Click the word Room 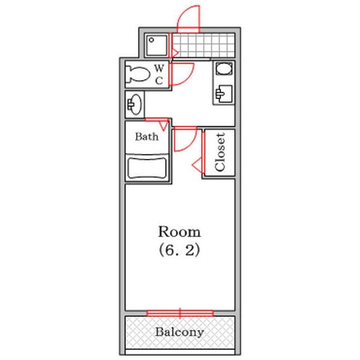point(179,232)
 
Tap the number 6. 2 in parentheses point(179,250)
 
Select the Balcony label point(179,332)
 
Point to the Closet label point(220,152)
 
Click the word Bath point(147,137)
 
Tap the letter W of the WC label point(159,68)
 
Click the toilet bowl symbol point(138,74)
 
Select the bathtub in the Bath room point(147,168)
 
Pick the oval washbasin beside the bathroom point(135,104)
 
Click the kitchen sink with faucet point(224,94)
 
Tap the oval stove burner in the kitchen point(224,68)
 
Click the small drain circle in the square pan point(151,40)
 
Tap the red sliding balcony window point(180,313)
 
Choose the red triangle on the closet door point(197,164)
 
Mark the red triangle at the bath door point(164,125)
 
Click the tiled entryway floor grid point(203,46)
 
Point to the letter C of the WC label point(159,81)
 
